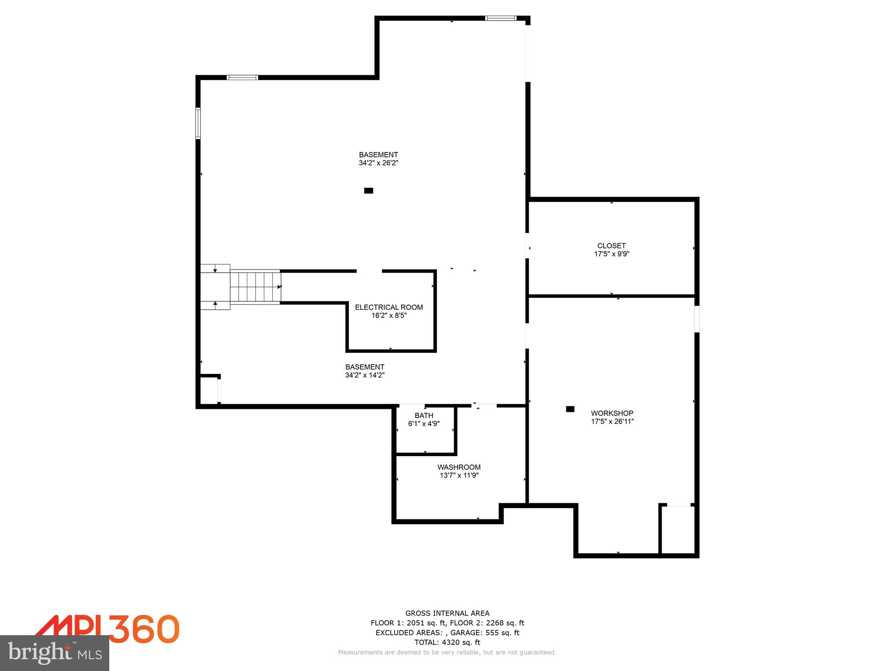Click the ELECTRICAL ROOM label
tap(389, 307)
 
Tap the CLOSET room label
tap(611, 246)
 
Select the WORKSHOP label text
tap(612, 413)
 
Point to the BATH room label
tap(423, 415)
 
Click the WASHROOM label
tap(459, 467)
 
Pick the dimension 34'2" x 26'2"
tap(378, 163)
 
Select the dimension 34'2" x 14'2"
tap(364, 375)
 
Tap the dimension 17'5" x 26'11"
tap(612, 422)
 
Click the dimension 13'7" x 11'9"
tap(459, 475)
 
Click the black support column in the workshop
tap(570, 409)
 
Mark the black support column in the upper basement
tap(368, 190)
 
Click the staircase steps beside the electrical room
tap(255, 287)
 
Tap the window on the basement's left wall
tap(198, 123)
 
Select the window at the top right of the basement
tap(500, 18)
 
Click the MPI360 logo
tap(107, 629)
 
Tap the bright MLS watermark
tap(55, 653)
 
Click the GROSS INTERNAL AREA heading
tap(447, 613)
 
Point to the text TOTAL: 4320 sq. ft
tap(447, 642)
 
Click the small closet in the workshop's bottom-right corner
tap(677, 529)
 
